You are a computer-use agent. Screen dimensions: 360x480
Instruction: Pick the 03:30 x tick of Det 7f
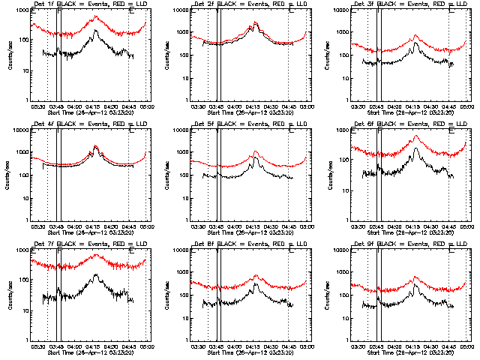[x=39, y=346]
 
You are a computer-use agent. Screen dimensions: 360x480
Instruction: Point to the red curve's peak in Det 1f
[x=95, y=16]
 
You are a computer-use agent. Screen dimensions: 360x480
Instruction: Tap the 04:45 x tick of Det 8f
[x=289, y=346]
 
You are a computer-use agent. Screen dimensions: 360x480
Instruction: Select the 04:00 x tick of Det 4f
[x=76, y=226]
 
